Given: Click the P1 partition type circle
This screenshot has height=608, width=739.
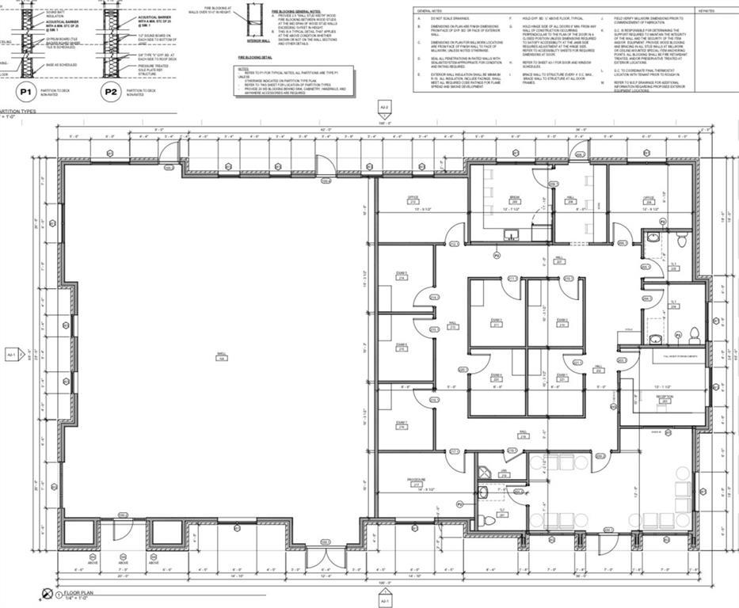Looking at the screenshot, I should point(25,93).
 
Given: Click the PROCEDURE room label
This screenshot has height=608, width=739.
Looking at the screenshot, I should point(417,481).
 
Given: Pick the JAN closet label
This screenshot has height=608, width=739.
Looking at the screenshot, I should point(504,473).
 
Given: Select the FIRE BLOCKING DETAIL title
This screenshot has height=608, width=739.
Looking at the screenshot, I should point(255,58).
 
